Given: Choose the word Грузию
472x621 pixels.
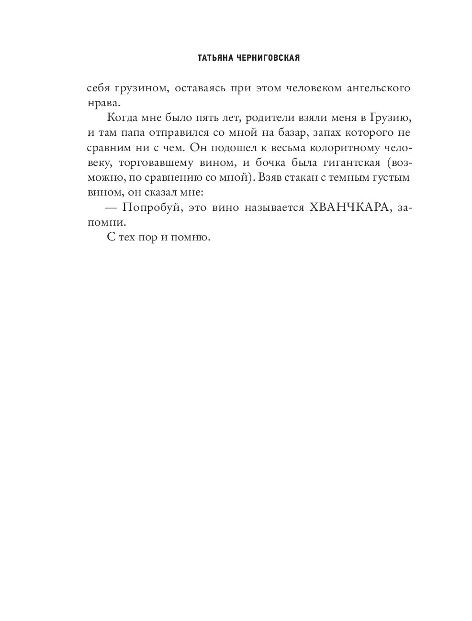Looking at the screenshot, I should (390, 118).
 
